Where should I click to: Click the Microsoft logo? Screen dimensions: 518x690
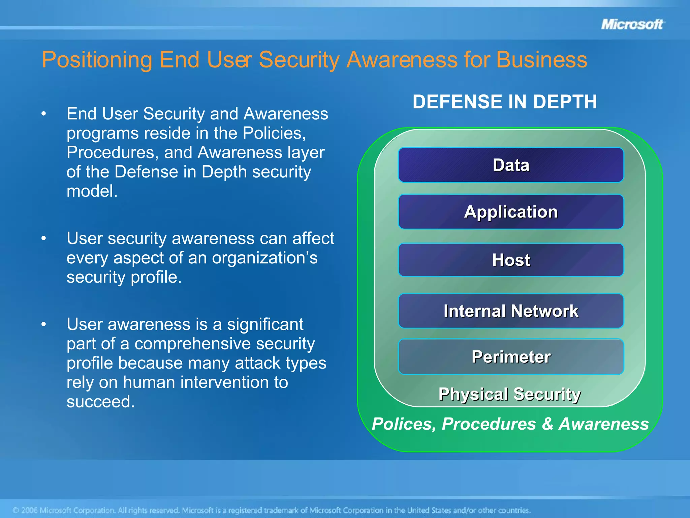click(x=632, y=24)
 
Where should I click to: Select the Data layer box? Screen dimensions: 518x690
click(x=511, y=165)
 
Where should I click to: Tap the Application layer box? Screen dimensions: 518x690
click(x=511, y=212)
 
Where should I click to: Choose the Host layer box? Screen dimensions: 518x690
click(x=511, y=260)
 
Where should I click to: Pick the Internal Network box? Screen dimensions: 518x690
click(x=511, y=311)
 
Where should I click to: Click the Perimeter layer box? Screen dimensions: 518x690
click(x=511, y=357)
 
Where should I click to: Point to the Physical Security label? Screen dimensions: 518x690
click(x=509, y=394)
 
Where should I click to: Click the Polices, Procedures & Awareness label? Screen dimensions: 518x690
click(x=510, y=424)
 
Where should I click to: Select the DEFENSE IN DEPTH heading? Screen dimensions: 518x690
click(x=505, y=102)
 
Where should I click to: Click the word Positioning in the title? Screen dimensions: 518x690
click(x=97, y=60)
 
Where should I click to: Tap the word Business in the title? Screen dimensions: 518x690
click(x=541, y=60)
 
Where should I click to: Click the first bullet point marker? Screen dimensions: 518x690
click(x=43, y=114)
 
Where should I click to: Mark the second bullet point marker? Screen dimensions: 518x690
click(x=43, y=238)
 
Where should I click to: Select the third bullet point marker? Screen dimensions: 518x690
click(x=43, y=324)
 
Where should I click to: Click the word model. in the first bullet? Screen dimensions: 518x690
click(x=92, y=191)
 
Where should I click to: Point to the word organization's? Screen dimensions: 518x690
click(x=264, y=258)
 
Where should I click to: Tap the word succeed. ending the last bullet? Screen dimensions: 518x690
click(x=100, y=402)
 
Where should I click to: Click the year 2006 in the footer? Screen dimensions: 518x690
click(x=29, y=510)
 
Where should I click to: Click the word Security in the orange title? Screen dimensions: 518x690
click(x=299, y=60)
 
